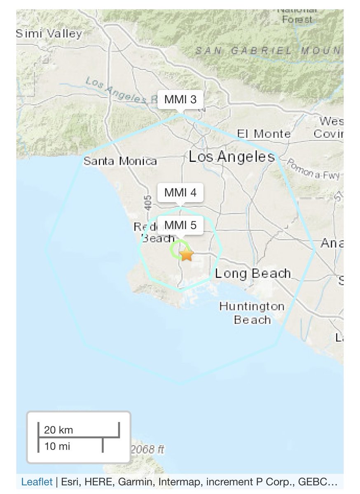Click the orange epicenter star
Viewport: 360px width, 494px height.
[187, 254]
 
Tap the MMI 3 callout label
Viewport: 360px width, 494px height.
[180, 100]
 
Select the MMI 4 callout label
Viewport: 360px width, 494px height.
[180, 193]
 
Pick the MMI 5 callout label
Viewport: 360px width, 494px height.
[180, 225]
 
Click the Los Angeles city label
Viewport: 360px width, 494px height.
[231, 157]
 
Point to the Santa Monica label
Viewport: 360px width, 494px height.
[120, 161]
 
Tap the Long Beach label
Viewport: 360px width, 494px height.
[252, 273]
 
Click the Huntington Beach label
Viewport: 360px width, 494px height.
[252, 313]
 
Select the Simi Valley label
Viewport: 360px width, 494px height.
[49, 34]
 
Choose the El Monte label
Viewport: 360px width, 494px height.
[264, 134]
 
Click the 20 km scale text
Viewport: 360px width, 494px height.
[58, 430]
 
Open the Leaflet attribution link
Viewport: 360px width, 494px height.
[36, 482]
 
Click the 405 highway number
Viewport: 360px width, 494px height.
[149, 203]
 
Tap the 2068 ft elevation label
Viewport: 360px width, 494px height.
[147, 450]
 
